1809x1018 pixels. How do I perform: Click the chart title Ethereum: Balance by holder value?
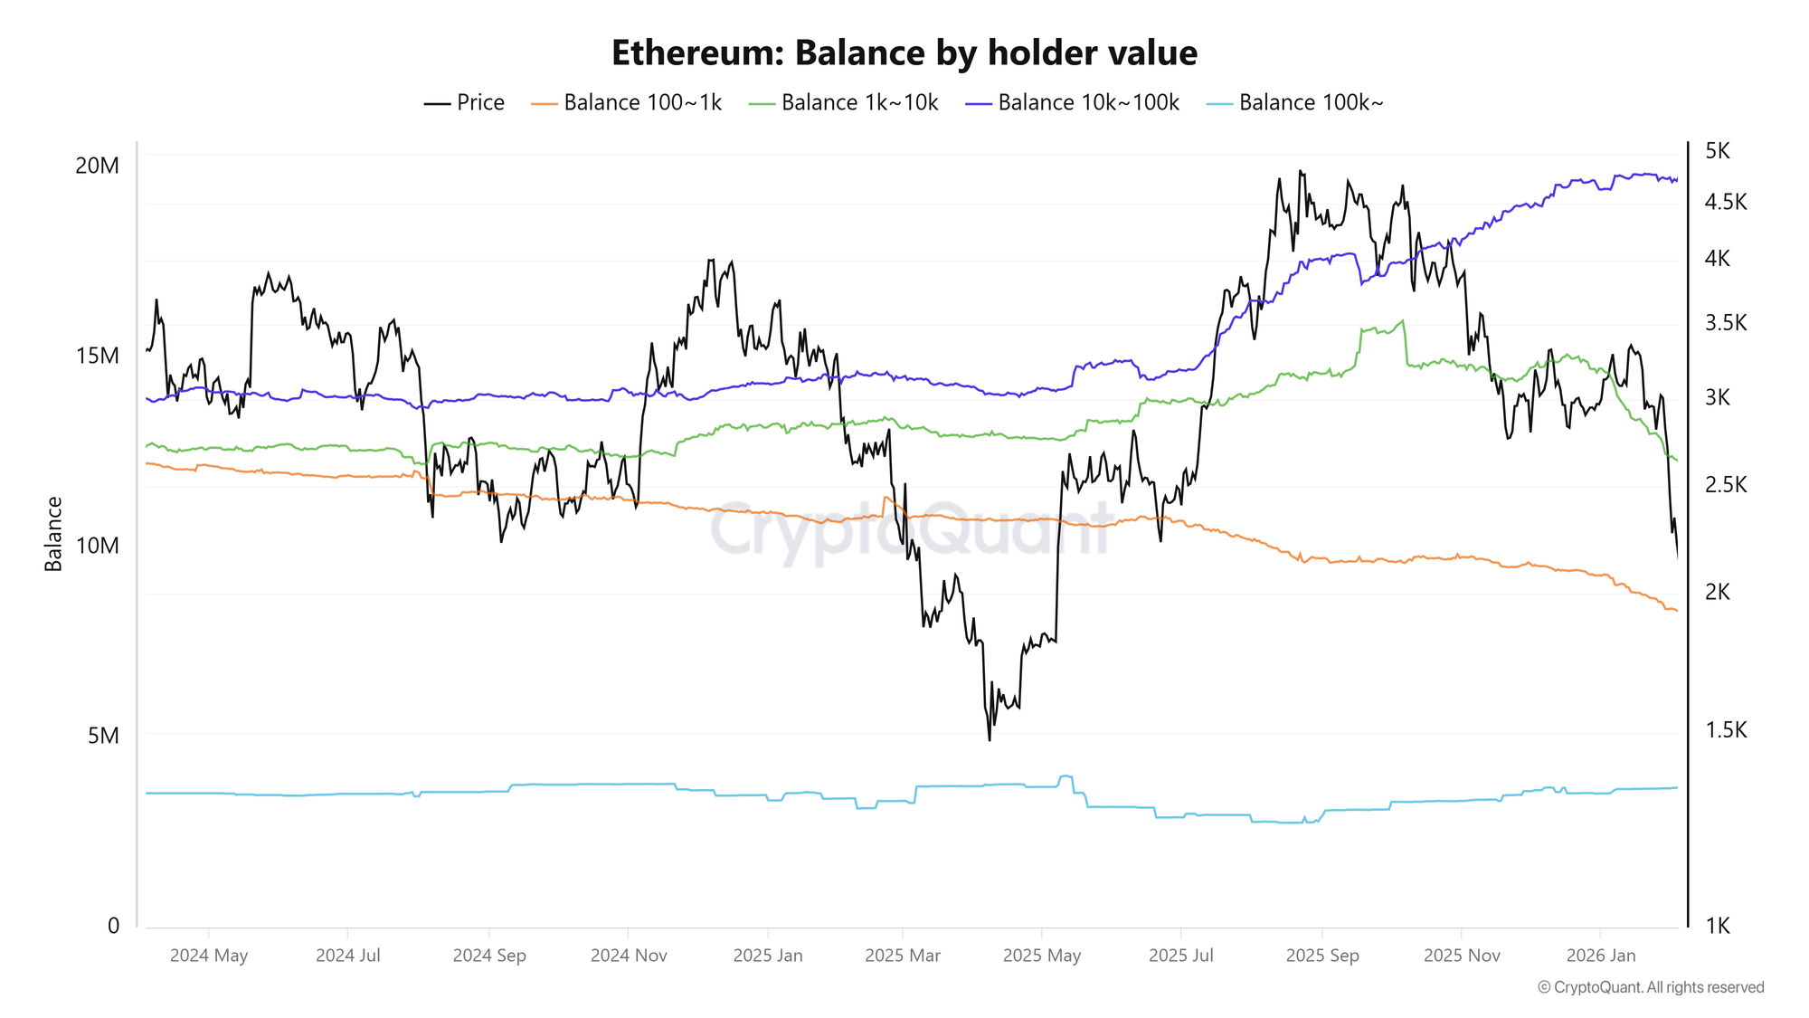pos(904,53)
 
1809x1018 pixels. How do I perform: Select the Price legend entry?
pos(465,103)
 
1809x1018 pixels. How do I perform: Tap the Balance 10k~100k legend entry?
pos(1073,103)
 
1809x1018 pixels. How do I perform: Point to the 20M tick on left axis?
pos(97,166)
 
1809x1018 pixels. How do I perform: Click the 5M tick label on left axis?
pos(103,736)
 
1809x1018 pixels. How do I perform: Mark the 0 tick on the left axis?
pos(113,926)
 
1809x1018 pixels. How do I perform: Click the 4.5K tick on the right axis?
pos(1725,202)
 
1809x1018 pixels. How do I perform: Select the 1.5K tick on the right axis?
pos(1725,730)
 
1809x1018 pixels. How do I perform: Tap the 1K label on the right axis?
pos(1718,926)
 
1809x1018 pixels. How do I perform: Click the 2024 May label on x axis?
pos(209,956)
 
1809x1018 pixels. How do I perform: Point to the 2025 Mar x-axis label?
pos(903,956)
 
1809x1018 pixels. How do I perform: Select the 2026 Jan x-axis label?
pos(1601,956)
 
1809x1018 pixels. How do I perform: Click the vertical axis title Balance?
pos(54,534)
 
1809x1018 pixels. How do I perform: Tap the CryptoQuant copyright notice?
pos(1651,987)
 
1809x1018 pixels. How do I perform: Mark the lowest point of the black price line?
pos(990,740)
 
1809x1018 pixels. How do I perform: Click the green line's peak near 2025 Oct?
pos(1403,320)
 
